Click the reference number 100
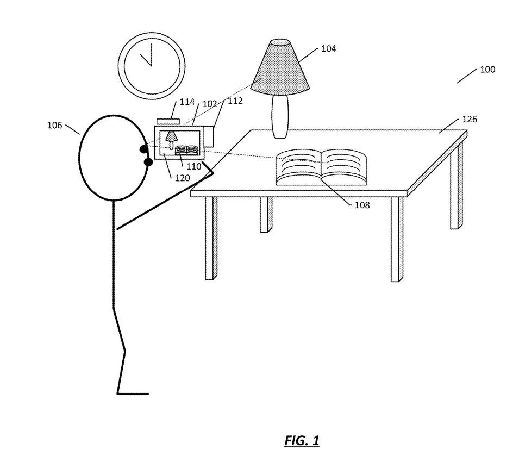click(487, 70)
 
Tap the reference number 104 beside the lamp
click(328, 49)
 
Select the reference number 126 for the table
click(470, 119)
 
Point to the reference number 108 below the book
click(362, 205)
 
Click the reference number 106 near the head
click(54, 125)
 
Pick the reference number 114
click(187, 102)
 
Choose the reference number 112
click(235, 101)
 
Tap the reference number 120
click(183, 178)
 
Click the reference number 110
click(194, 166)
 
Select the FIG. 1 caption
click(302, 441)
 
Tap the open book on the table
click(321, 167)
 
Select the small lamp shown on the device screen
click(171, 140)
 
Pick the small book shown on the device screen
click(187, 149)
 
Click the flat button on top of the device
click(168, 122)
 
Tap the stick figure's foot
click(133, 394)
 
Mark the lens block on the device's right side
click(209, 136)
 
